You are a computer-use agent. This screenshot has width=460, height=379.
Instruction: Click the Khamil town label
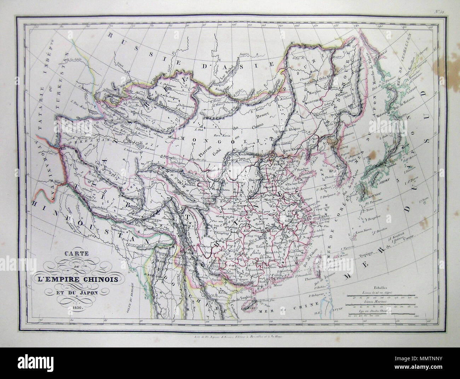pyautogui.click(x=176, y=137)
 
